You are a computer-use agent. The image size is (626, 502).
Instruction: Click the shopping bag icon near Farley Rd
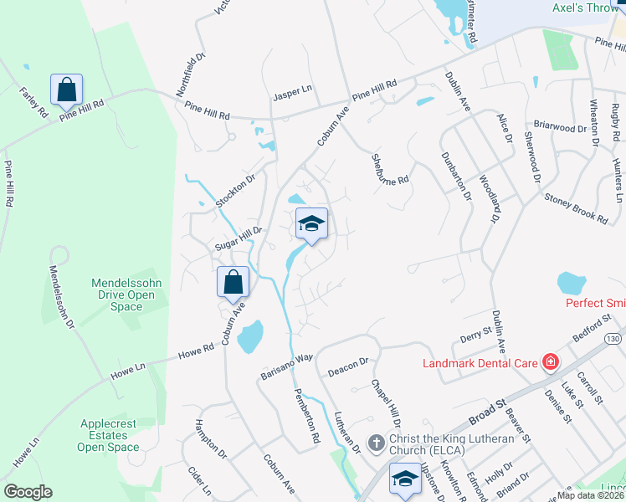(x=66, y=89)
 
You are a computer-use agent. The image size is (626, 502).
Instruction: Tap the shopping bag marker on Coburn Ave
(x=233, y=282)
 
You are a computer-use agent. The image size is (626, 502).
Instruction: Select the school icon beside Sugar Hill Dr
(x=311, y=223)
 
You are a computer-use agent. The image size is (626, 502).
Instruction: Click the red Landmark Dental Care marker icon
(x=551, y=362)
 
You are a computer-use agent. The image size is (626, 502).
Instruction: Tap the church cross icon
(x=376, y=441)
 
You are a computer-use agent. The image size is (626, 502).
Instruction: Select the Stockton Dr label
(x=234, y=192)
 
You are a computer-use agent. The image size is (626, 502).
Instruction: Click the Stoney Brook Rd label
(x=576, y=207)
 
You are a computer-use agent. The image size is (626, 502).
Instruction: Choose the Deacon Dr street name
(x=347, y=363)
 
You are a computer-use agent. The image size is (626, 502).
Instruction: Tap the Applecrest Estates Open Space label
(x=110, y=435)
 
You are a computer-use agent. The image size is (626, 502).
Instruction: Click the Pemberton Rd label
(x=307, y=414)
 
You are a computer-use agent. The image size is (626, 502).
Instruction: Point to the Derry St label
(x=476, y=336)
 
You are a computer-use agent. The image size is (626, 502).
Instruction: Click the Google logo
(x=28, y=492)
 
